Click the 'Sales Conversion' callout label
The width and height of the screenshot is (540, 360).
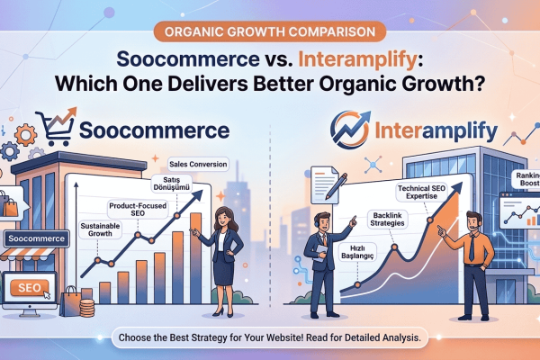point(198,165)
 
